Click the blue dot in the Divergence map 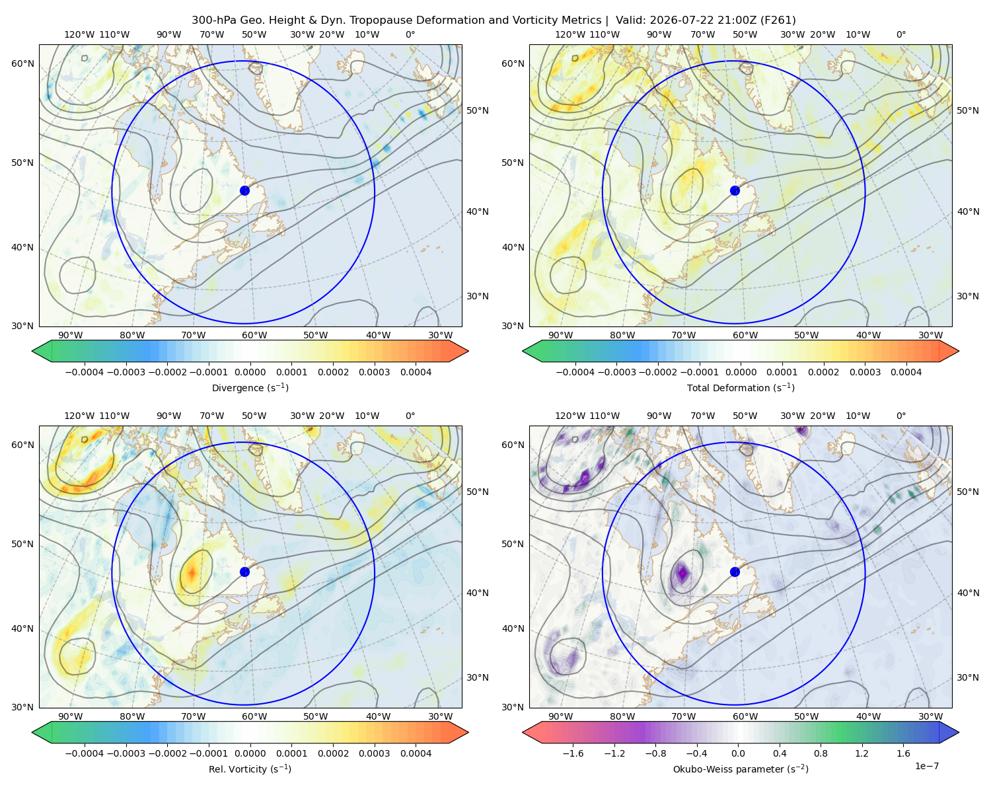point(244,190)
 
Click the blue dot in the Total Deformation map point(735,190)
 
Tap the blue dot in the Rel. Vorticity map point(244,572)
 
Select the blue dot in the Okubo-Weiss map point(735,572)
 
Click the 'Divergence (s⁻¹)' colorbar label point(250,387)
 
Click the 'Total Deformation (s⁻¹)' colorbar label point(741,387)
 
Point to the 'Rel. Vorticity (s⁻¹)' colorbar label point(250,769)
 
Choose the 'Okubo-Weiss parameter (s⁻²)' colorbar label point(741,769)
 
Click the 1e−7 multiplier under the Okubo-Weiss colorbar point(926,766)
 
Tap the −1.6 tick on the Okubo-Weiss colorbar point(573,753)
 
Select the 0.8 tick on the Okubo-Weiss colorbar point(821,753)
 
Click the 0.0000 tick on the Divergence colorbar point(250,372)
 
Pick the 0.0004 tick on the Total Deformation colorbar point(906,372)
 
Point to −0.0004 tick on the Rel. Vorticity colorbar point(85,753)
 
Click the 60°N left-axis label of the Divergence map point(22,63)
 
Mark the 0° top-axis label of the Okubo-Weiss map point(900,416)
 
